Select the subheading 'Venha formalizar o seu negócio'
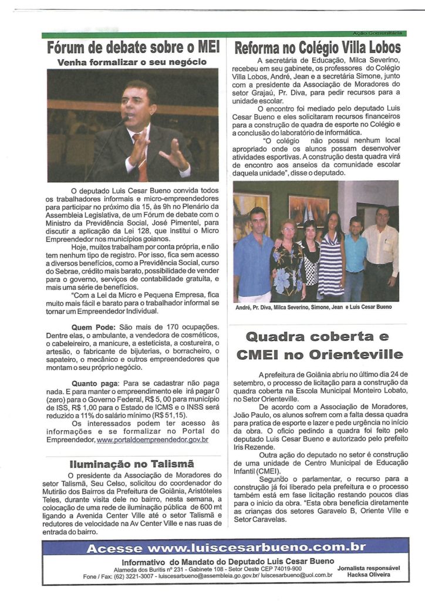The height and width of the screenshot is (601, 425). tap(132, 62)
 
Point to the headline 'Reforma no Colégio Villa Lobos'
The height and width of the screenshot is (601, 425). tap(318, 48)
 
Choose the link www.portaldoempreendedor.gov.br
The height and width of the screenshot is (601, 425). tap(152, 439)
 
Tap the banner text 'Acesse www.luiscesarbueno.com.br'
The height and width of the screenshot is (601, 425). tap(226, 548)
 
